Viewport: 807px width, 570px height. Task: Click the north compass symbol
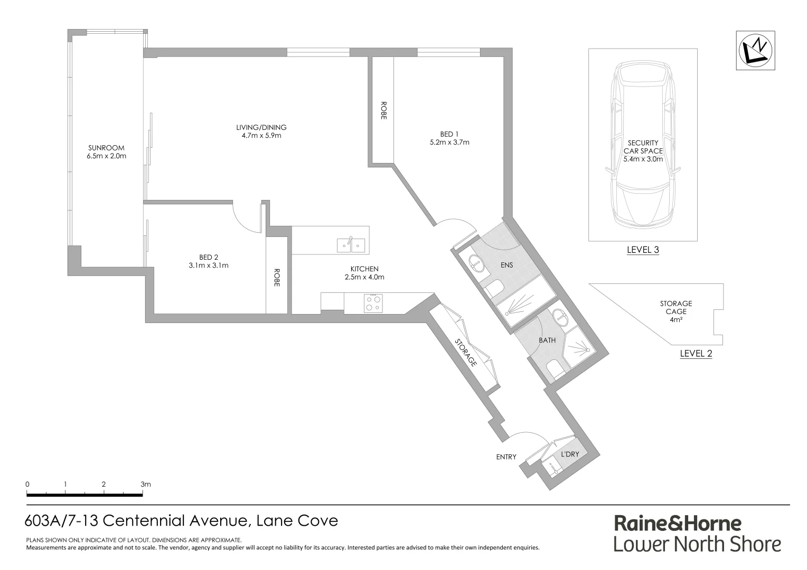(x=756, y=50)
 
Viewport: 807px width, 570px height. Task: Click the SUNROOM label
(x=106, y=148)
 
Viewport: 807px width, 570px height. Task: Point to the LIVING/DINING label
(x=261, y=127)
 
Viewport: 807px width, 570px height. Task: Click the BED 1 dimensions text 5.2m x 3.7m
(x=449, y=142)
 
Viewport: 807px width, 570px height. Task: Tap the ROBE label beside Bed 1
(x=383, y=111)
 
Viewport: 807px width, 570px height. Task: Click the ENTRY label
(x=506, y=457)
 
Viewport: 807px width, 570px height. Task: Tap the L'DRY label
(x=570, y=454)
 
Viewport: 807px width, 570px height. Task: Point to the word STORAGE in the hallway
(x=466, y=353)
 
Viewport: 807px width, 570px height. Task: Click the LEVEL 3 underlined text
(x=642, y=250)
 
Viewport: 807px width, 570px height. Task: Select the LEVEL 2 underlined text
(x=696, y=354)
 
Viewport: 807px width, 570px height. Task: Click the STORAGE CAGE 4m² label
(x=675, y=311)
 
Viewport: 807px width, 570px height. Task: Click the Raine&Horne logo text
(x=677, y=524)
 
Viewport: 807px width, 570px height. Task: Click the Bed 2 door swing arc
(x=244, y=219)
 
